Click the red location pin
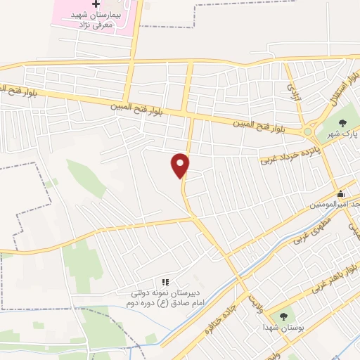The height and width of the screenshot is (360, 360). click(181, 165)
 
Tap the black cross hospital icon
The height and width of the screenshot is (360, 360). click(96, 5)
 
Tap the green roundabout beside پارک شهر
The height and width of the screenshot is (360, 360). click(307, 131)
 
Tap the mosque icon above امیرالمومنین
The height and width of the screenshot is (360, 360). click(341, 194)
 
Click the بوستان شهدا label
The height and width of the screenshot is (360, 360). click(283, 328)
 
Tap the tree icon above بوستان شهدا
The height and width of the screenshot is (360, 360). click(283, 317)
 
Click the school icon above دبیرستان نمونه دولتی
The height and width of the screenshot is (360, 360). click(165, 282)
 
